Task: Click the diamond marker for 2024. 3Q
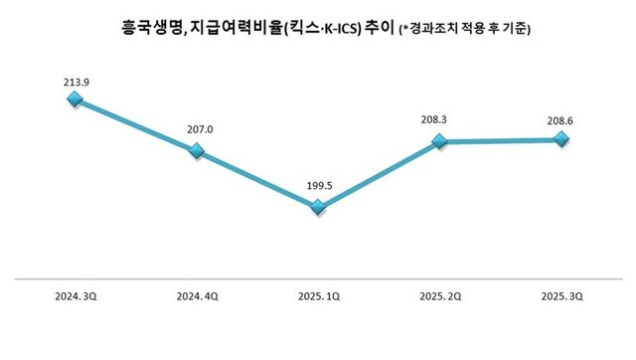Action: (75, 99)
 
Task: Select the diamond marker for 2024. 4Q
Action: (196, 151)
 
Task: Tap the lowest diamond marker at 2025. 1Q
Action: (318, 207)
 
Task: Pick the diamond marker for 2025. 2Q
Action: (439, 142)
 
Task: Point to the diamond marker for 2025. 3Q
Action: (560, 140)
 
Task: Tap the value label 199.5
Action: (318, 185)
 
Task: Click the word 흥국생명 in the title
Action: (144, 31)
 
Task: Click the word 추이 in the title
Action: (379, 31)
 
